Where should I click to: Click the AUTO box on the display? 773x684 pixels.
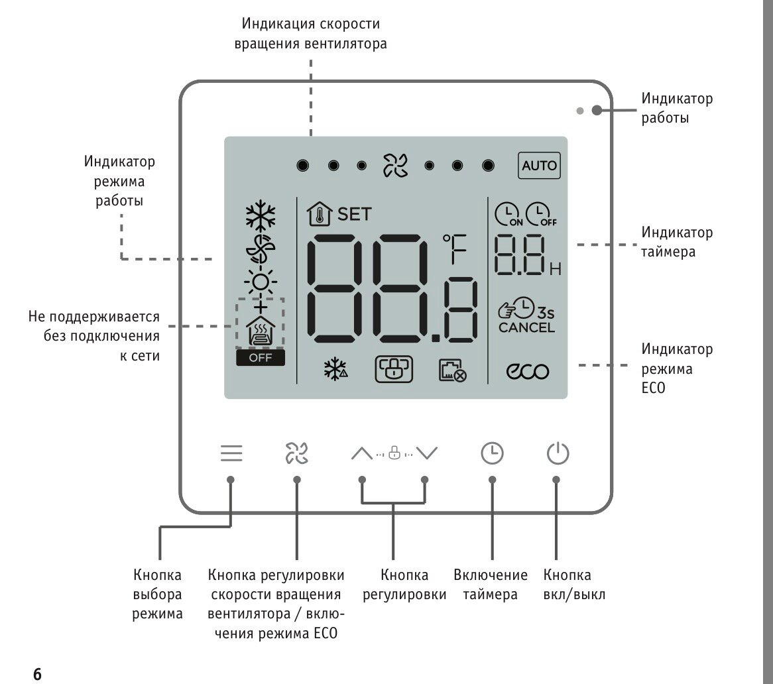pyautogui.click(x=539, y=166)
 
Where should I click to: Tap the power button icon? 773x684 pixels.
pyautogui.click(x=558, y=453)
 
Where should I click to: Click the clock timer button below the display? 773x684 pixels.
pyautogui.click(x=492, y=453)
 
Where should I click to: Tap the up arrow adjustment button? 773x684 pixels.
pyautogui.click(x=362, y=453)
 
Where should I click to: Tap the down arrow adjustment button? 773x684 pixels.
pyautogui.click(x=426, y=453)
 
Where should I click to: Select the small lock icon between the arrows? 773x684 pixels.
pyautogui.click(x=394, y=453)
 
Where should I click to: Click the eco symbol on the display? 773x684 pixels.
pyautogui.click(x=528, y=371)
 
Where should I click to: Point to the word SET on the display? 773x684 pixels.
pyautogui.click(x=354, y=214)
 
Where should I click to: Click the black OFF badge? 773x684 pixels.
pyautogui.click(x=261, y=358)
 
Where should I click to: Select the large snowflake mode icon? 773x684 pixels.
pyautogui.click(x=261, y=216)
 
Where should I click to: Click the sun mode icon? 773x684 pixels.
pyautogui.click(x=261, y=282)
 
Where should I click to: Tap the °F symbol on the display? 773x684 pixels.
pyautogui.click(x=455, y=249)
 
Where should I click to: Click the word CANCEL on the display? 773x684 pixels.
pyautogui.click(x=526, y=327)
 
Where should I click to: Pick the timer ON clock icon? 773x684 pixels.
pyautogui.click(x=508, y=214)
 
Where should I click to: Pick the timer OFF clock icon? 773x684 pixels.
pyautogui.click(x=540, y=214)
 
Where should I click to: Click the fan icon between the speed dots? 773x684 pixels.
pyautogui.click(x=395, y=166)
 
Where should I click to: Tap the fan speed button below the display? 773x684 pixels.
pyautogui.click(x=297, y=453)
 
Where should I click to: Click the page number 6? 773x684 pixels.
pyautogui.click(x=37, y=673)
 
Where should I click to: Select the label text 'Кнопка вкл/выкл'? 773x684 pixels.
pyautogui.click(x=574, y=585)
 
